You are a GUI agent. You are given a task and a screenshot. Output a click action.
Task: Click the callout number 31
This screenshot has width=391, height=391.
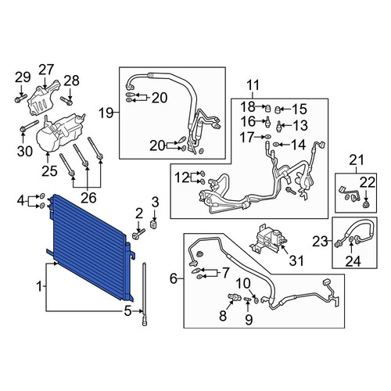click(296, 260)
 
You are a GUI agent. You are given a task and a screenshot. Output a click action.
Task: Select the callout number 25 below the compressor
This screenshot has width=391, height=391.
click(49, 171)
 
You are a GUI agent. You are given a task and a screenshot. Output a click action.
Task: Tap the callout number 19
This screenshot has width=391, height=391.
click(106, 113)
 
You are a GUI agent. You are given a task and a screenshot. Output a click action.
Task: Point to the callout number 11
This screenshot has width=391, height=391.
click(253, 85)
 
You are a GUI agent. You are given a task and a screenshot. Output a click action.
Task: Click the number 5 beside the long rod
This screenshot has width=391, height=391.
click(127, 310)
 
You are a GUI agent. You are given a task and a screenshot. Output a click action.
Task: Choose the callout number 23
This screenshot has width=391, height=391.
click(321, 242)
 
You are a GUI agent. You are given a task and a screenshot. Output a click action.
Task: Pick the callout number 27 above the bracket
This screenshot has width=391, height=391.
click(46, 70)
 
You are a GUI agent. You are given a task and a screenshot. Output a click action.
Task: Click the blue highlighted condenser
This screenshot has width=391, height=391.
click(91, 248)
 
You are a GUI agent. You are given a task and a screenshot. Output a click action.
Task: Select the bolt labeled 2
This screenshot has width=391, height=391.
click(138, 234)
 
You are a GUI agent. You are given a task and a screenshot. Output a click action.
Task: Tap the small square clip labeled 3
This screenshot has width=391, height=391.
click(154, 224)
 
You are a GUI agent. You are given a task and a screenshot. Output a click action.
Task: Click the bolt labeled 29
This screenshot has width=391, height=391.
click(21, 99)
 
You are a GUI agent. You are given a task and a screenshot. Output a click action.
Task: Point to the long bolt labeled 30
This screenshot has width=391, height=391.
click(29, 125)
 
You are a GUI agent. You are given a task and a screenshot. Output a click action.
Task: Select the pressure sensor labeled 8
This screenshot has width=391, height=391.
click(233, 296)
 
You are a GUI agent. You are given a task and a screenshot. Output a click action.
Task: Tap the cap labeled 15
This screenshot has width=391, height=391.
click(278, 109)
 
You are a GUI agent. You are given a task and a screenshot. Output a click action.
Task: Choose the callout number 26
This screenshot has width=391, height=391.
click(88, 198)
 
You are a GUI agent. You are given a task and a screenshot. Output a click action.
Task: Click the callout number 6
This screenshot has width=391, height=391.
click(174, 278)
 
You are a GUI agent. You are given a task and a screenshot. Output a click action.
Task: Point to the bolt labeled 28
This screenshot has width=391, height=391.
click(66, 101)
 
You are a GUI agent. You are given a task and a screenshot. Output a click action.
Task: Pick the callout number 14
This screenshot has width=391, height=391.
click(298, 145)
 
